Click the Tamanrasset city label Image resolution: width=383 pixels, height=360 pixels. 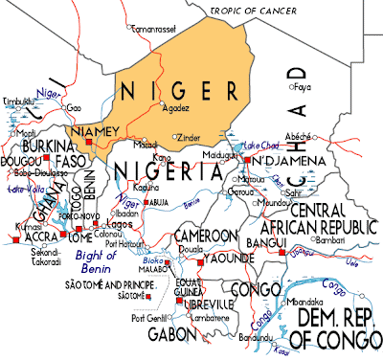pos(154,31)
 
